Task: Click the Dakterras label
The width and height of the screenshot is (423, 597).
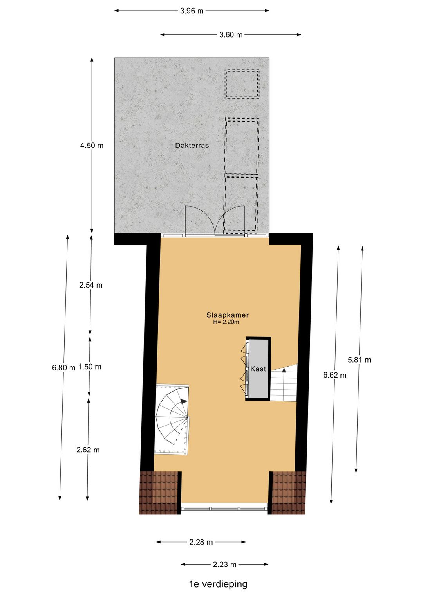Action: (192, 146)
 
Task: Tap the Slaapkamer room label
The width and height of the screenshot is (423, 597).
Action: (228, 315)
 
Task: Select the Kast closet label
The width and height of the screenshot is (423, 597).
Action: (258, 369)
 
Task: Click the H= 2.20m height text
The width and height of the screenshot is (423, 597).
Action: (226, 322)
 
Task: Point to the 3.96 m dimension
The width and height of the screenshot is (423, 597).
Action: (192, 11)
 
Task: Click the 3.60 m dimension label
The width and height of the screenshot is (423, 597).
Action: (231, 35)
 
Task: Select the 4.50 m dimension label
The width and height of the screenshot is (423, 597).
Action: (92, 146)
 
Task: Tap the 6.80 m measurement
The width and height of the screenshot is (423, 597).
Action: (63, 368)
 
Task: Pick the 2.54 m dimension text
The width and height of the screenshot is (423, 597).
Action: (91, 285)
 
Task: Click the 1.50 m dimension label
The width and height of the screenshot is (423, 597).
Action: (90, 367)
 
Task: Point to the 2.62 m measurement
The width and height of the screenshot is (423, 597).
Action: (88, 450)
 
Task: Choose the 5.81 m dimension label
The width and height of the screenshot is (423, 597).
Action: (359, 360)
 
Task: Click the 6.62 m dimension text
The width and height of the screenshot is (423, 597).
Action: (335, 375)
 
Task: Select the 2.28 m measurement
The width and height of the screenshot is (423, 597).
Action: (201, 542)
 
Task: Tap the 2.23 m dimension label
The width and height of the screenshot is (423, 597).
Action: (224, 565)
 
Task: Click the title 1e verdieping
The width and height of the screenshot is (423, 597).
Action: (218, 584)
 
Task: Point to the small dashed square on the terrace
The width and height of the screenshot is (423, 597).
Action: (242, 84)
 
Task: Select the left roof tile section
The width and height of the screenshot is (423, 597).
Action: (159, 493)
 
